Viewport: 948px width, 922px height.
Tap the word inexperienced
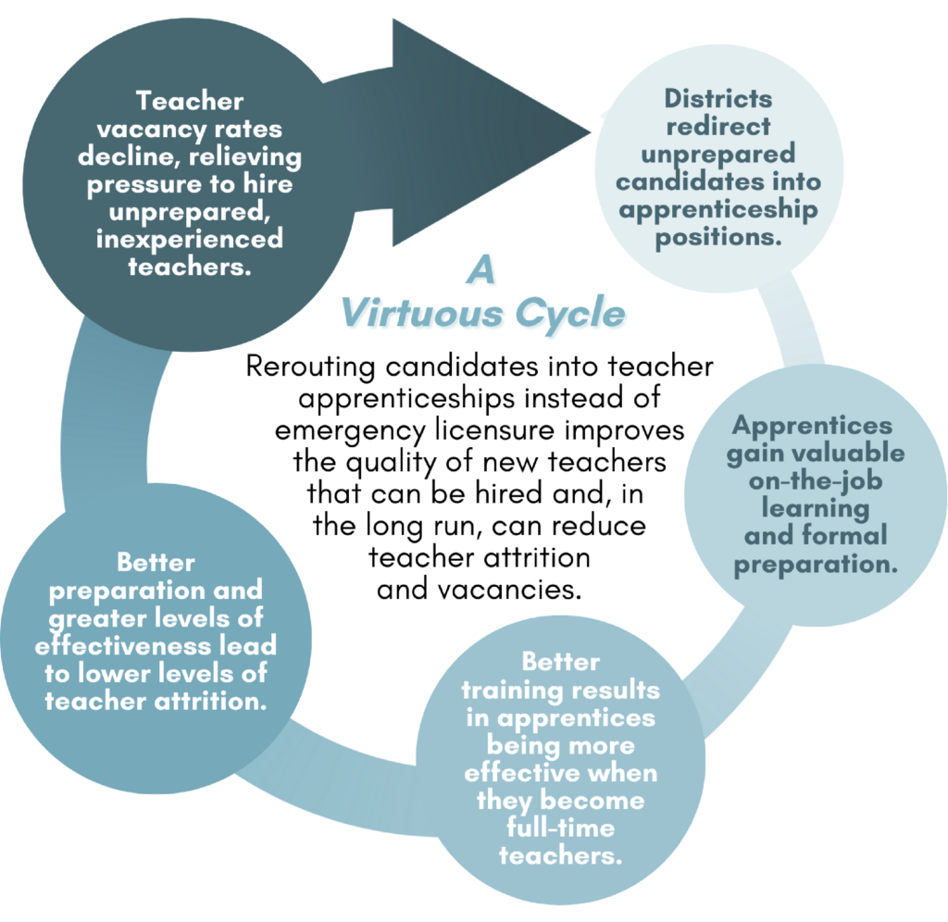click(x=188, y=239)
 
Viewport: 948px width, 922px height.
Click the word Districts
click(x=717, y=99)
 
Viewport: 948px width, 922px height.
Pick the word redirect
click(x=717, y=126)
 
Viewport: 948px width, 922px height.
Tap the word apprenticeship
click(x=717, y=209)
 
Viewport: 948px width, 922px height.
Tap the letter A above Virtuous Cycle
click(x=481, y=273)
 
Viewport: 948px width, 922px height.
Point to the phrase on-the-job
click(x=815, y=481)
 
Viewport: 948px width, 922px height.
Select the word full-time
click(x=560, y=828)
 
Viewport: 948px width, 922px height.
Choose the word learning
click(x=815, y=508)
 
